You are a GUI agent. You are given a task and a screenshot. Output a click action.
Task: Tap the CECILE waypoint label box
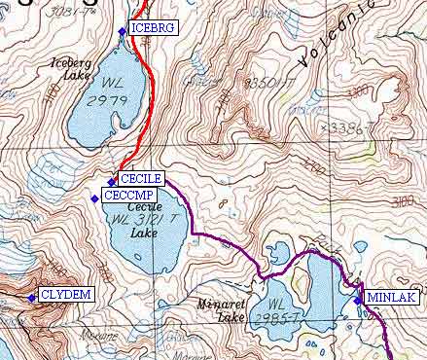141,178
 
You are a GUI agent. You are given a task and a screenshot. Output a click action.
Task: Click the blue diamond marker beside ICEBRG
122,31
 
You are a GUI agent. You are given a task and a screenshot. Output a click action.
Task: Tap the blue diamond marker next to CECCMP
94,198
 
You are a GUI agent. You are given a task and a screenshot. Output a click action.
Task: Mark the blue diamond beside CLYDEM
32,297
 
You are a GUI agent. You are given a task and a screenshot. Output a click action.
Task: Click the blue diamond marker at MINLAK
358,300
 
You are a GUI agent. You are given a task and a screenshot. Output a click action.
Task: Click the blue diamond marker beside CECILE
112,181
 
